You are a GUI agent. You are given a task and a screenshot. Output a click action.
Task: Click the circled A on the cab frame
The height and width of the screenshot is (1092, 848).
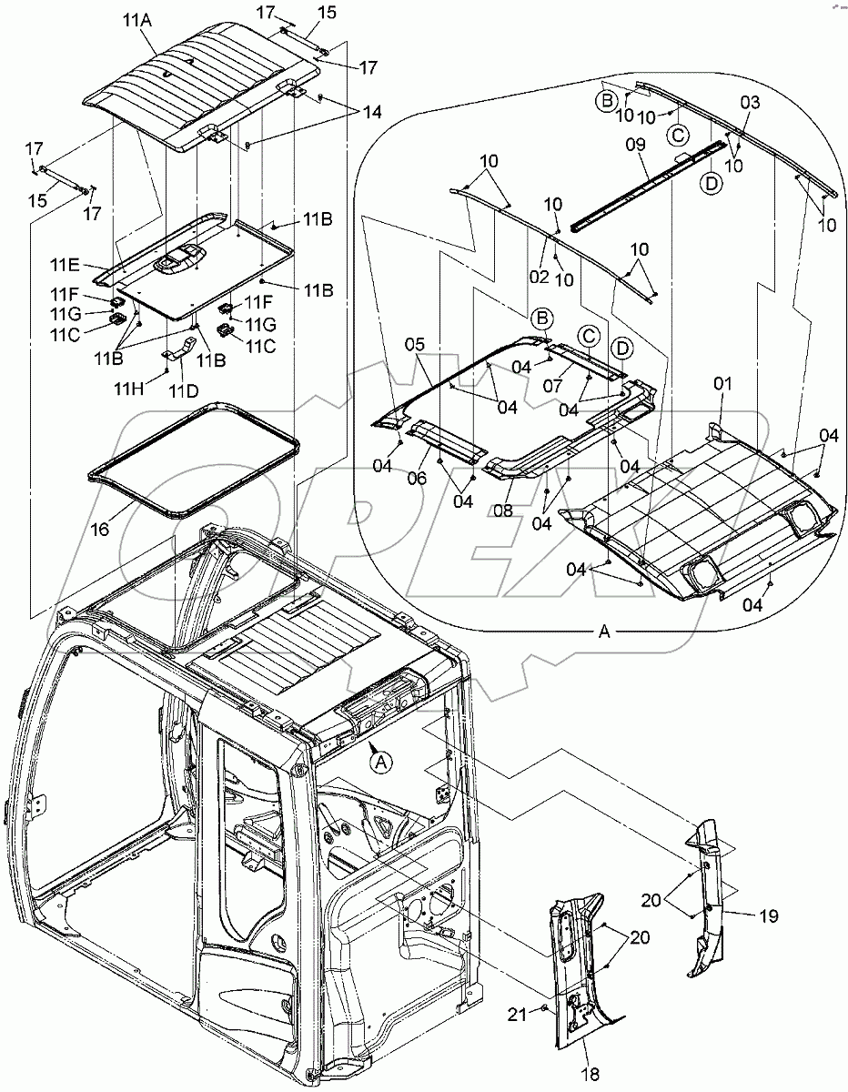383,763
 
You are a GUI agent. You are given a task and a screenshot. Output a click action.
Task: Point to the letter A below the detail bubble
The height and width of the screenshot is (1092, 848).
604,634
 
